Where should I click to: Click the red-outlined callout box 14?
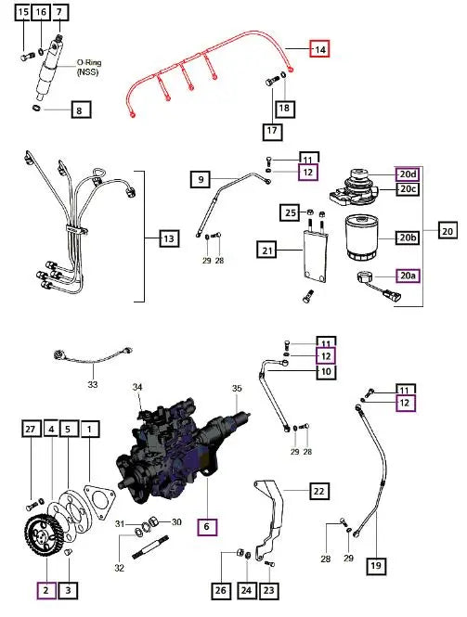pos(319,49)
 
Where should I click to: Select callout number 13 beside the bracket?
pos(167,240)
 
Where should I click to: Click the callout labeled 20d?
pos(408,174)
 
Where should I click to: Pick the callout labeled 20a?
pos(408,276)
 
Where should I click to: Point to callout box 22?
pos(318,492)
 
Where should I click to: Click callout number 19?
pos(376,564)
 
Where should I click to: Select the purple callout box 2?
pos(45,589)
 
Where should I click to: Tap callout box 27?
pos(31,430)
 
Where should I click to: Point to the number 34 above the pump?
pos(137,387)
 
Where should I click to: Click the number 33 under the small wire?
pos(92,383)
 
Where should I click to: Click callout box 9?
pos(201,177)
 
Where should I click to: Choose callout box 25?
pos(291,213)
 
